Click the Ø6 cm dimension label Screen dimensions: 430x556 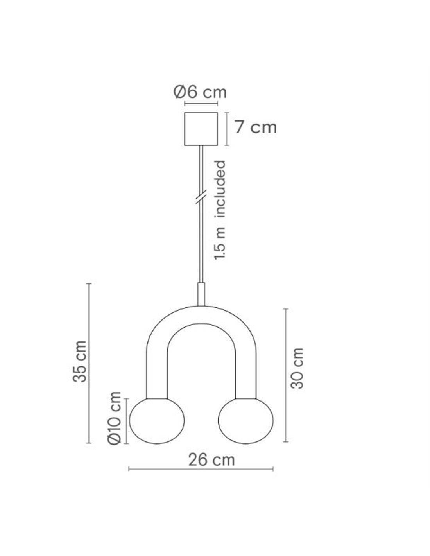[200, 92]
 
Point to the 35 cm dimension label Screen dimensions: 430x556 [80, 361]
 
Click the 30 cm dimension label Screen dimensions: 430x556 [297, 368]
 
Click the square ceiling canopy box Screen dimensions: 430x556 [201, 129]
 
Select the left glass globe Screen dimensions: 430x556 [157, 421]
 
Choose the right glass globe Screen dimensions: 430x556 [245, 421]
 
